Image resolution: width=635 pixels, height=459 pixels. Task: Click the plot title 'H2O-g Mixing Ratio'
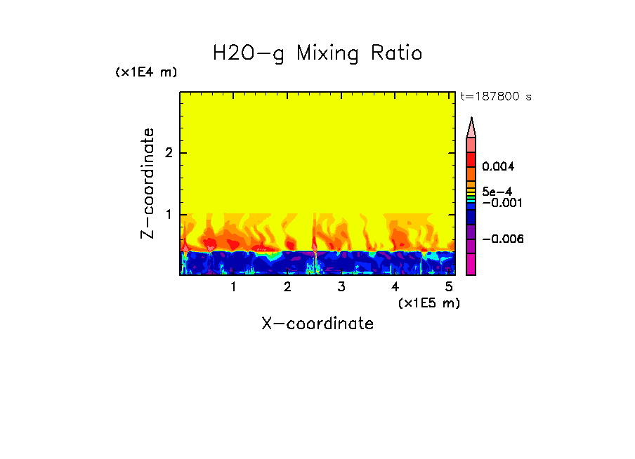(317, 53)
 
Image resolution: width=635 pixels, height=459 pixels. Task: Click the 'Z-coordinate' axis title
(148, 183)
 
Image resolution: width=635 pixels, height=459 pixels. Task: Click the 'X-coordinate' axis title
(317, 324)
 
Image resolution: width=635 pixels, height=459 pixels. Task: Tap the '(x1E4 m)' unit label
(147, 72)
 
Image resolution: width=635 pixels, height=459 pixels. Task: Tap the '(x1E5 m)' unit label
(428, 302)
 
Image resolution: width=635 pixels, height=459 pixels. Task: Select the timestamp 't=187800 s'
(495, 97)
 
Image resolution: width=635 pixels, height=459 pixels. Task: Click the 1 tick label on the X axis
(233, 287)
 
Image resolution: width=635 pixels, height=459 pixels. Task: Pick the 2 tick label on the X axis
(287, 287)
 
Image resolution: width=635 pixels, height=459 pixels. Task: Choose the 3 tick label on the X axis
(341, 287)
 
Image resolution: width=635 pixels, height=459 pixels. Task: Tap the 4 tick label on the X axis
(395, 287)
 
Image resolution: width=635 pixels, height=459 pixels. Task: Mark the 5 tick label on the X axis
(449, 287)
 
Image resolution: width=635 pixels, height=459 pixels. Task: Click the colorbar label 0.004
(499, 167)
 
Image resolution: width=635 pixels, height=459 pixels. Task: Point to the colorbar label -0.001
(499, 203)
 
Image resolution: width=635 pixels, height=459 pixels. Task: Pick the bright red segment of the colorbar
(471, 159)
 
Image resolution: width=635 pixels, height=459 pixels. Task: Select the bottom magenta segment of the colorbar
(471, 265)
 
